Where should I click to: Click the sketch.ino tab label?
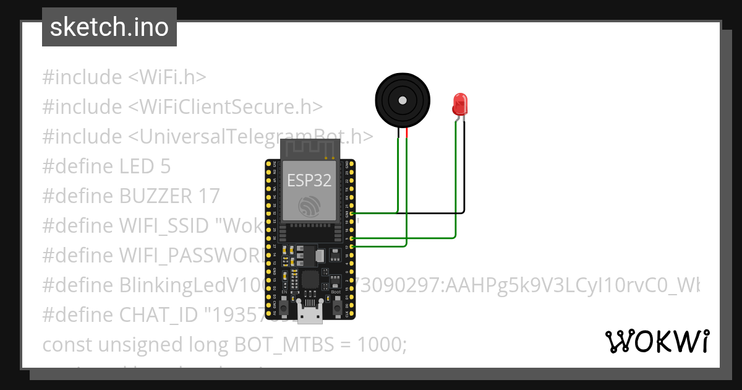pyautogui.click(x=109, y=28)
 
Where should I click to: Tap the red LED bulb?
pyautogui.click(x=459, y=103)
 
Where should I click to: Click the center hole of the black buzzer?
pyautogui.click(x=403, y=100)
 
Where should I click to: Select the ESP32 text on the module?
pyautogui.click(x=309, y=180)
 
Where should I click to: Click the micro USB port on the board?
pyautogui.click(x=310, y=314)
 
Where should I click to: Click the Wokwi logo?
pyautogui.click(x=657, y=342)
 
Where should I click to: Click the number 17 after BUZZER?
pyautogui.click(x=209, y=196)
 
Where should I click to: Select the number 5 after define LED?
pyautogui.click(x=165, y=166)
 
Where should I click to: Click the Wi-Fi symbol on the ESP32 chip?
pyautogui.click(x=309, y=206)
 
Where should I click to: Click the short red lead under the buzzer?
pyautogui.click(x=407, y=133)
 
